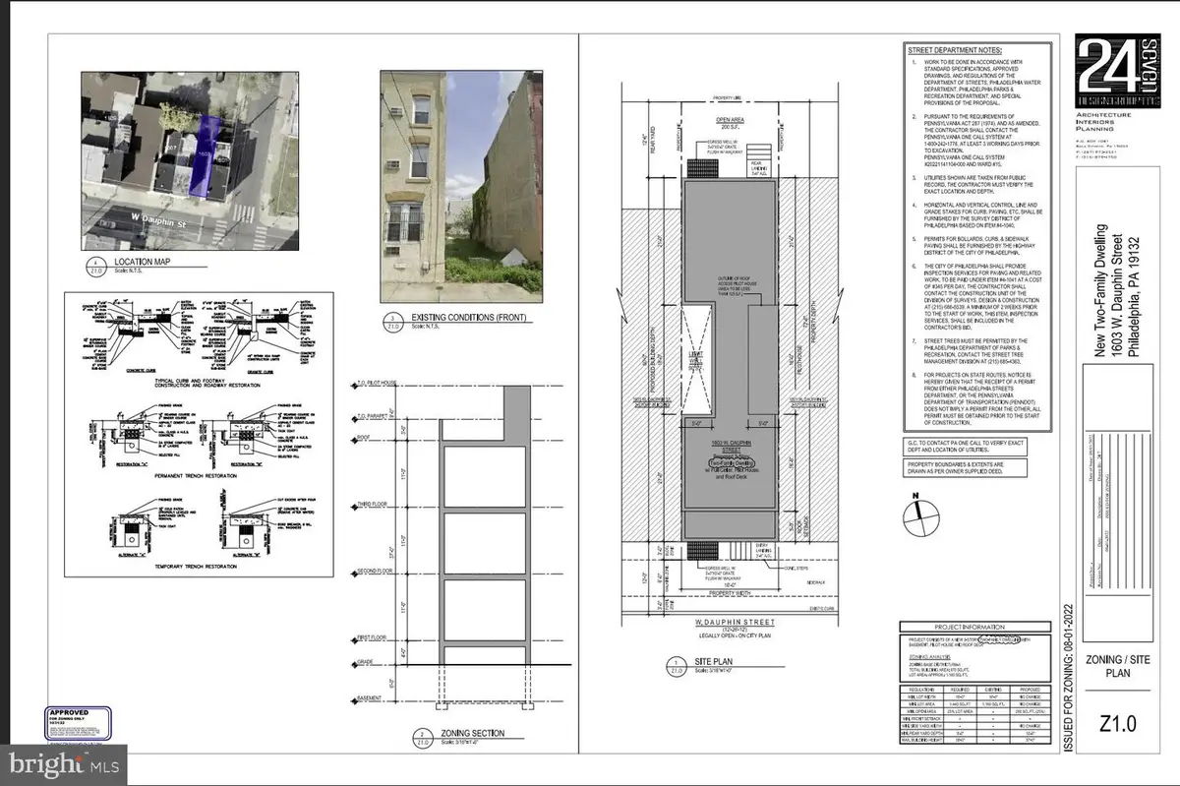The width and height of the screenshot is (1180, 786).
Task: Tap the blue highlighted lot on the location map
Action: coord(210,153)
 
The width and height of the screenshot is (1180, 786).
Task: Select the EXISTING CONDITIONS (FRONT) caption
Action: coord(458,319)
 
